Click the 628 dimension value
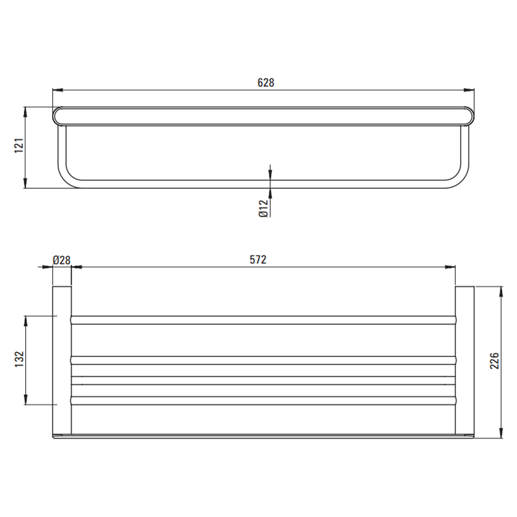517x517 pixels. (266, 83)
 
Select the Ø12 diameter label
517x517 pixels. (263, 208)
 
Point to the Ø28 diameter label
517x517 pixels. (62, 260)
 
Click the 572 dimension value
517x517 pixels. (258, 260)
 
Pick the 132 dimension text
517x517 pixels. (19, 359)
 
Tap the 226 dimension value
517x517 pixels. (495, 361)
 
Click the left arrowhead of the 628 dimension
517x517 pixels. (58, 90)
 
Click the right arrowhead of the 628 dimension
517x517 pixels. (469, 90)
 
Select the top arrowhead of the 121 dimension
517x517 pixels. (25, 112)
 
